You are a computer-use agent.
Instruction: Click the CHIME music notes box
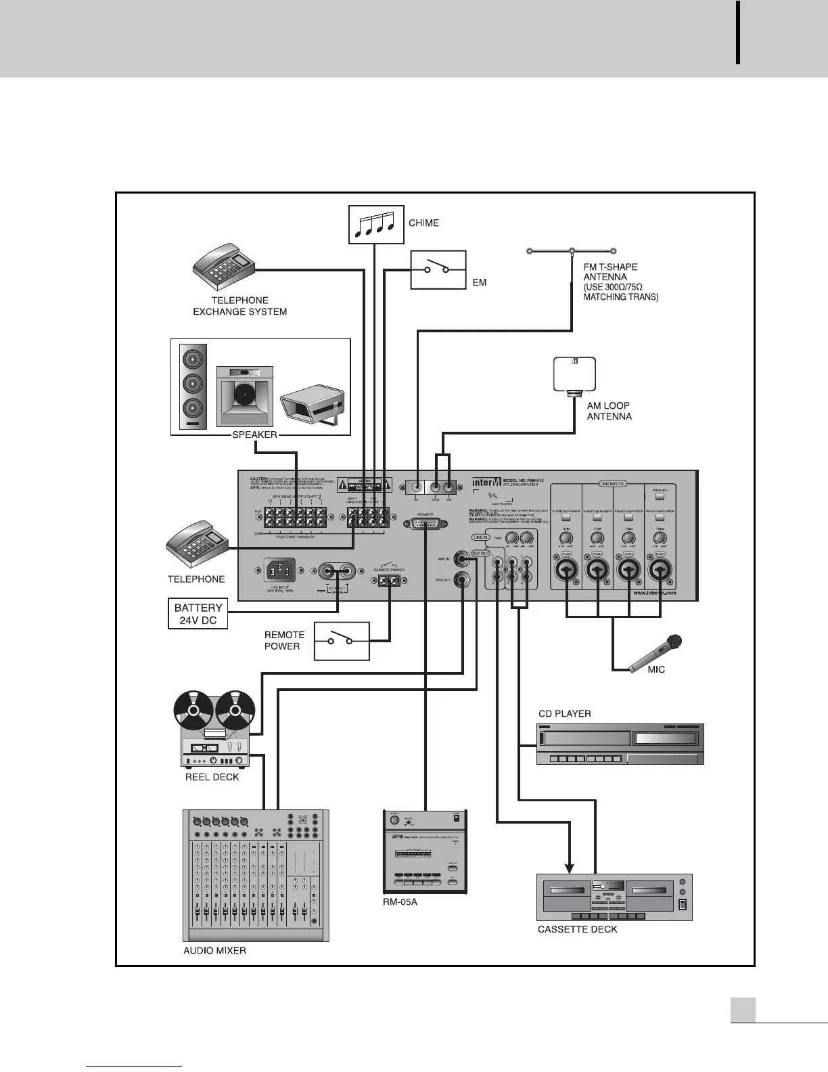coord(375,224)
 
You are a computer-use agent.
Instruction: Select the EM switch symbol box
coord(438,270)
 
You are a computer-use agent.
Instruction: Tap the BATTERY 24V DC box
coord(198,614)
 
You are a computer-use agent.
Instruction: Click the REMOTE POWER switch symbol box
coord(341,640)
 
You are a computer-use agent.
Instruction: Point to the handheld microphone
coord(655,654)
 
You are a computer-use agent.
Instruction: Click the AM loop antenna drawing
coord(574,375)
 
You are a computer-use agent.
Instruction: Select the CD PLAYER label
coord(564,713)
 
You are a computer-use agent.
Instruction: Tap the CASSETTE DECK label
coord(577,929)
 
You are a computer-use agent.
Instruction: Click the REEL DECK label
coord(212,777)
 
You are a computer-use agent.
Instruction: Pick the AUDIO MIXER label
coord(214,950)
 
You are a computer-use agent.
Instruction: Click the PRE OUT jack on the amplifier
coord(463,580)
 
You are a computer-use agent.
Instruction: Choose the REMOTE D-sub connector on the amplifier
coord(425,524)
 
